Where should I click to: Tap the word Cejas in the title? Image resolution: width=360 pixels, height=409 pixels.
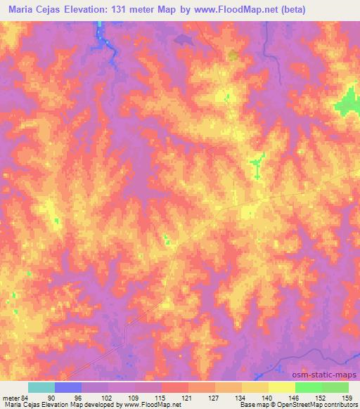(x=58, y=10)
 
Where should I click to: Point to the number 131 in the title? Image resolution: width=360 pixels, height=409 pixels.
(x=146, y=10)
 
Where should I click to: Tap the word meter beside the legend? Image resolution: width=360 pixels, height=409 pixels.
(x=11, y=398)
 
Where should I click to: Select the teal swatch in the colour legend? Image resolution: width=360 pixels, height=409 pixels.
(x=41, y=387)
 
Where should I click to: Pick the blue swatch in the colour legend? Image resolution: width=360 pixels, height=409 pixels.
(x=68, y=387)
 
